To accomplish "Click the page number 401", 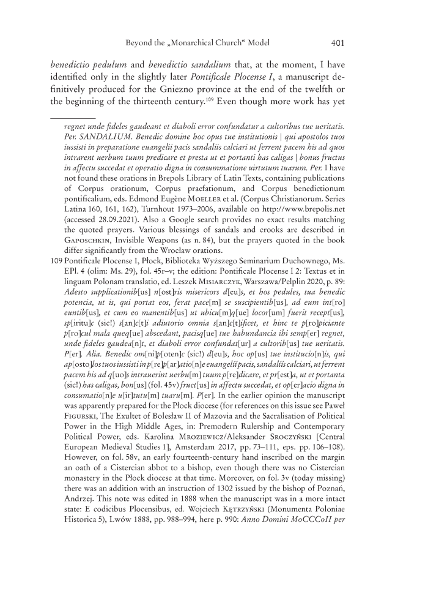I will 340,43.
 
